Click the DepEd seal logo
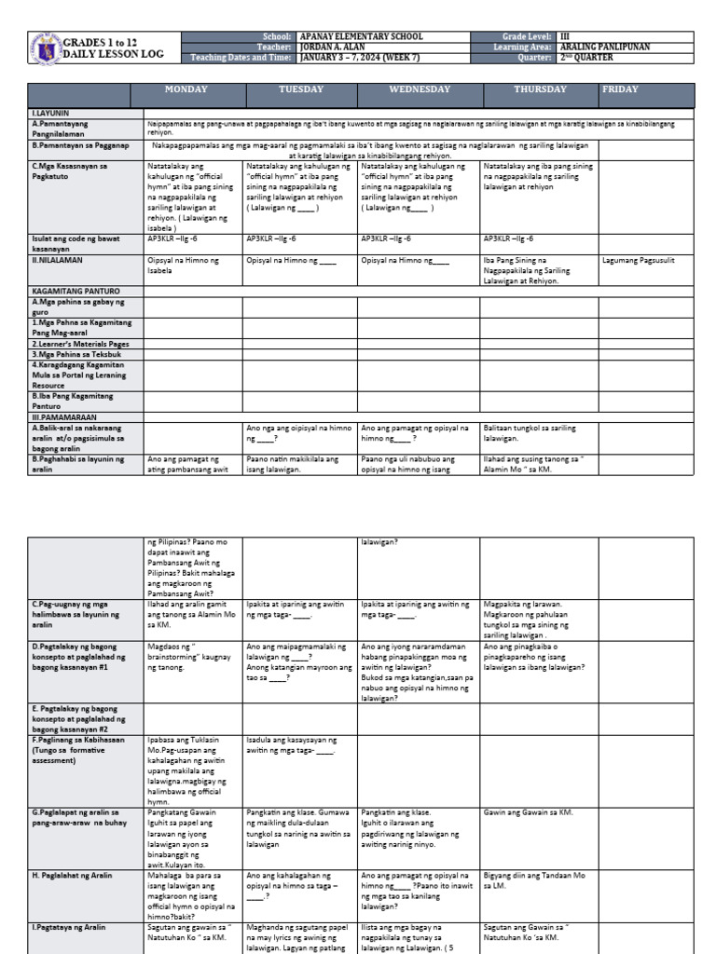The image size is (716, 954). pos(44,48)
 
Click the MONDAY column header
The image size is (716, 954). pos(186,89)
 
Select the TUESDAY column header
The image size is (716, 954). pos(301,89)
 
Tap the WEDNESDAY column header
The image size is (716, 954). pos(419,89)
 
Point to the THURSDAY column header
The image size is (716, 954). pos(539,89)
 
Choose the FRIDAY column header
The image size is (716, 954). pos(621,89)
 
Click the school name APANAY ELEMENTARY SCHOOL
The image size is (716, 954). pos(361,36)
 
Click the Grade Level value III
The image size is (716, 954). pos(566,36)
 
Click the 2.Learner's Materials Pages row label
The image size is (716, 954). pos(81,344)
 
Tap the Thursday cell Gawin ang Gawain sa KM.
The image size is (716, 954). pos(529,812)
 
